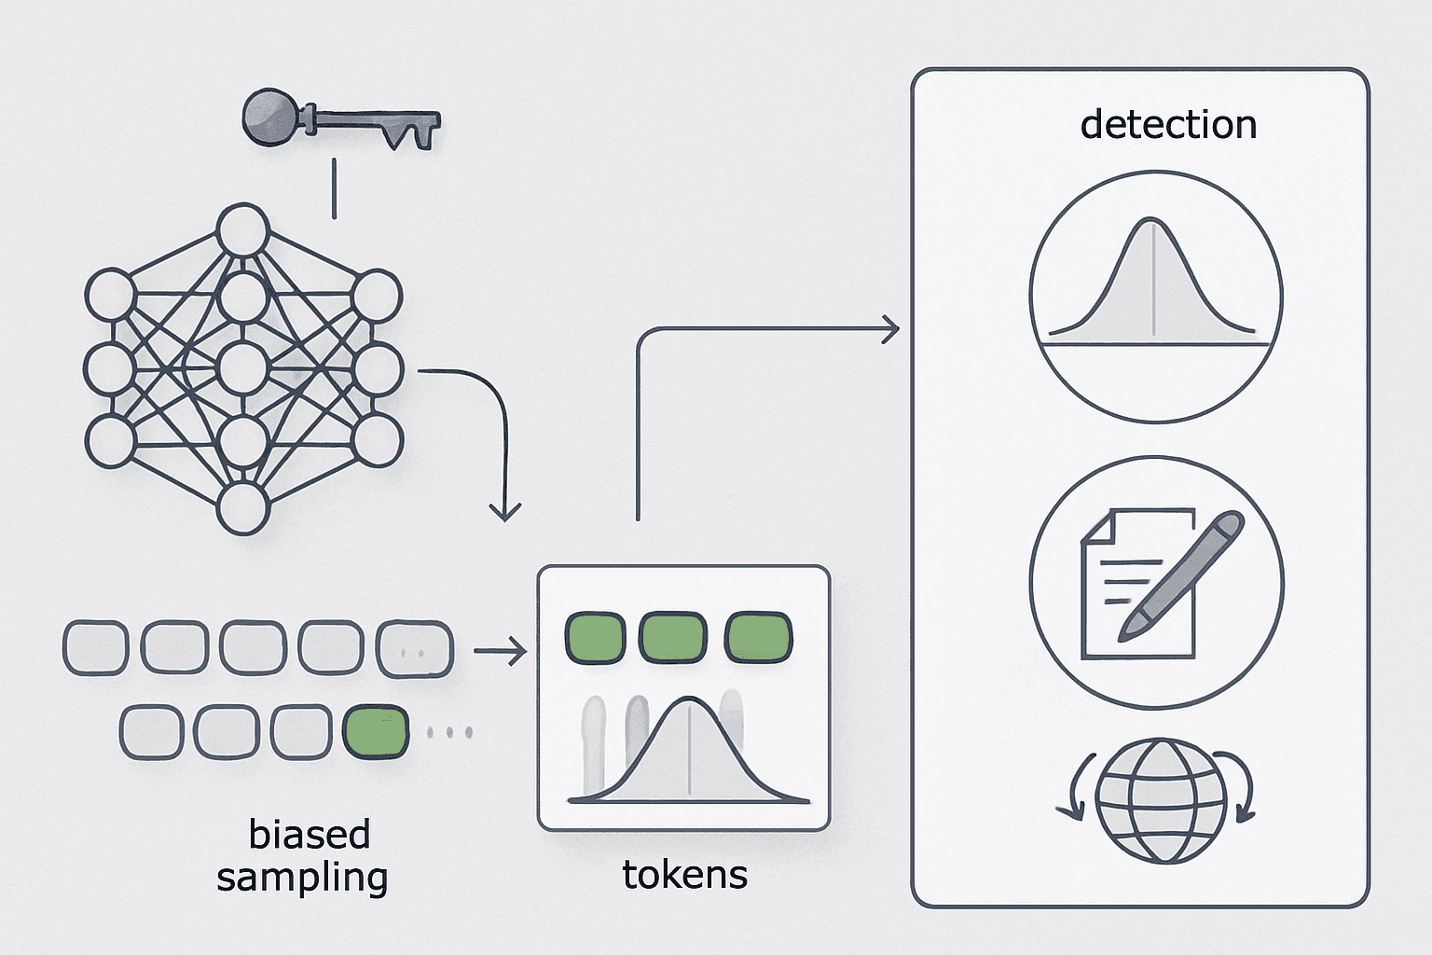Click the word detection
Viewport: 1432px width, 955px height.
(1168, 124)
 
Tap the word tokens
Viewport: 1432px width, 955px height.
(684, 875)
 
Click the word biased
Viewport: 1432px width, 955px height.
(309, 834)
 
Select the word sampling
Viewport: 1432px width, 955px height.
(302, 878)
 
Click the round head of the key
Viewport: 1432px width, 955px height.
(269, 118)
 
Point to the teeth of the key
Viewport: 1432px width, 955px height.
(411, 135)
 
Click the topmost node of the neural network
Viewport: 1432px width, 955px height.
(243, 229)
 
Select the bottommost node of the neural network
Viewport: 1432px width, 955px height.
(242, 508)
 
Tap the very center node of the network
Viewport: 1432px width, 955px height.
(242, 368)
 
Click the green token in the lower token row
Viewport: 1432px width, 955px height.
(376, 732)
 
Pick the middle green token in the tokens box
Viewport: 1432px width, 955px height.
(673, 638)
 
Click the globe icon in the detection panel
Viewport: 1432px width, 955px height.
(1161, 801)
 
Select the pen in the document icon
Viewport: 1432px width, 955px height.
(1181, 575)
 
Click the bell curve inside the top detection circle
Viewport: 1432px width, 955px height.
(1151, 278)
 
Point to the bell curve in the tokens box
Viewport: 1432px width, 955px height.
(689, 749)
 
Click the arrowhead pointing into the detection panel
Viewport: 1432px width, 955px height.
(891, 329)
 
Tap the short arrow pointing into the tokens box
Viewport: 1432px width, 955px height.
(501, 651)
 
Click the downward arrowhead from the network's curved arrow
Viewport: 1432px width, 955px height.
(505, 512)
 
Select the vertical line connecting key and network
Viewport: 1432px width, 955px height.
(334, 188)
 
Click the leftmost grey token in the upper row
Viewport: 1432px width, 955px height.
(96, 647)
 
